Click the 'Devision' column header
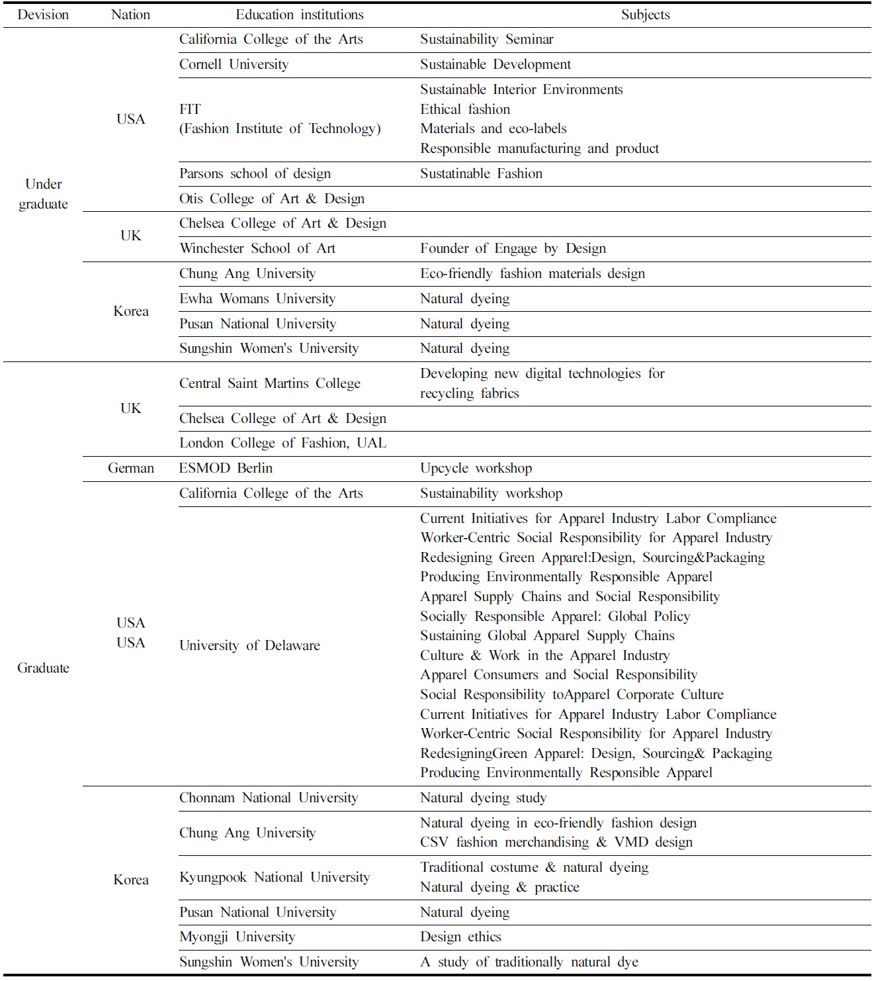[x=43, y=15]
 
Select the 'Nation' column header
[x=130, y=15]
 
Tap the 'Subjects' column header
[x=645, y=15]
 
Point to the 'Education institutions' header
[x=300, y=15]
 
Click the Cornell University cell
[x=234, y=65]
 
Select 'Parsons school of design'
[x=255, y=174]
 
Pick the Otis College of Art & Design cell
[x=272, y=199]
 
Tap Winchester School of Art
[x=257, y=249]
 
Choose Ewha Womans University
[x=257, y=299]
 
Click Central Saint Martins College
[x=270, y=384]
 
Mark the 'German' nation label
[x=130, y=469]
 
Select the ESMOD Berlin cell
[x=226, y=469]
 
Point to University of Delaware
[x=249, y=646]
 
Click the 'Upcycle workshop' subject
[x=476, y=469]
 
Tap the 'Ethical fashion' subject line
[x=465, y=110]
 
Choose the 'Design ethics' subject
[x=460, y=937]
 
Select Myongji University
[x=238, y=937]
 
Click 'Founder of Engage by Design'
[x=513, y=249]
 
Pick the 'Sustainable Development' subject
[x=496, y=65]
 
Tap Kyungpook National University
[x=275, y=878]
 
